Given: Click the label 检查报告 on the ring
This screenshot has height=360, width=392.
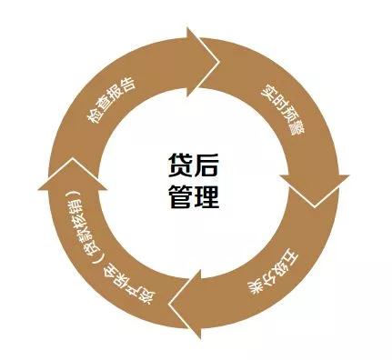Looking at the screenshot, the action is point(112,101).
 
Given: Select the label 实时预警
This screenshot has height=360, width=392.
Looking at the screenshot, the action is point(284,111).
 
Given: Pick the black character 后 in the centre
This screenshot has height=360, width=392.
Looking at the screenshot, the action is point(206,165).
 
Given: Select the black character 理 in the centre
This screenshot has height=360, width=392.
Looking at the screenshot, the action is point(206,196).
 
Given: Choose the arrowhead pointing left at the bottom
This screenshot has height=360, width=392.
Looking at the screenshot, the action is point(185,304).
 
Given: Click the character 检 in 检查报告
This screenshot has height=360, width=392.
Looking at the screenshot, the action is point(94,117).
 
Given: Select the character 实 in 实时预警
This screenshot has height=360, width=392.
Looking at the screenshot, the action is point(269,94).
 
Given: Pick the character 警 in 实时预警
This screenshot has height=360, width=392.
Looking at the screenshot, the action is point(297,129).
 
